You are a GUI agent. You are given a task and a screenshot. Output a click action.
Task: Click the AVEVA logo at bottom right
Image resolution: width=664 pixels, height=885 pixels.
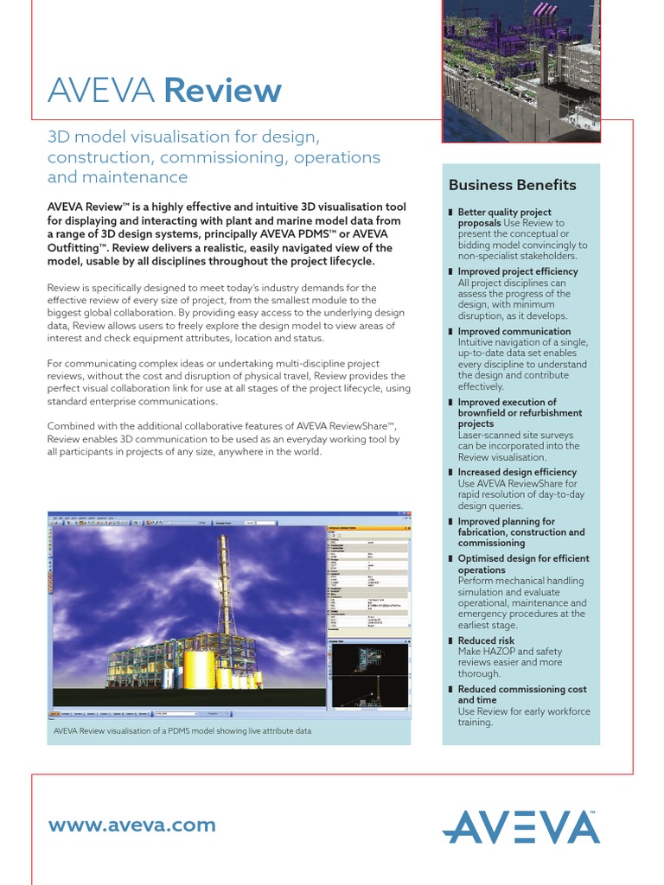[x=520, y=826]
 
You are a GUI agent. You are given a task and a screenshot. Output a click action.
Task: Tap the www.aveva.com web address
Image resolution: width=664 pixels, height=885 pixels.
[x=131, y=825]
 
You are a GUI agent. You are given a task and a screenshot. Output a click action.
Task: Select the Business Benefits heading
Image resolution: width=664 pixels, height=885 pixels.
[x=512, y=185]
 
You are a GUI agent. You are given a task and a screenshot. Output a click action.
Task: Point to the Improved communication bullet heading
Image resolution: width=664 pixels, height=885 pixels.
[x=514, y=331]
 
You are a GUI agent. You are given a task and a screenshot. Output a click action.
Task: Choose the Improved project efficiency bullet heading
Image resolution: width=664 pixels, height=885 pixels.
[x=517, y=271]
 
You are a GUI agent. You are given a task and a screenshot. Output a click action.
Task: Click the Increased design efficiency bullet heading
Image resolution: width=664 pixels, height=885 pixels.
[x=516, y=472]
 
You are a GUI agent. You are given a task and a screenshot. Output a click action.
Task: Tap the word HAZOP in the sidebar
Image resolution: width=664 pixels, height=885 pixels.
[x=507, y=652]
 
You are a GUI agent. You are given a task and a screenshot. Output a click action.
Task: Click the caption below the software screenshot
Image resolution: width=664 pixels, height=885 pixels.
[x=182, y=730]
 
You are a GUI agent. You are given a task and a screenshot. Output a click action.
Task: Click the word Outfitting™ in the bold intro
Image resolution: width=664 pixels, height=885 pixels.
[x=75, y=248]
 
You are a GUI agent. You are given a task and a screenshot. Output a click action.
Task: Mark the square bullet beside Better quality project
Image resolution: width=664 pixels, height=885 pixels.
[x=450, y=213]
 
